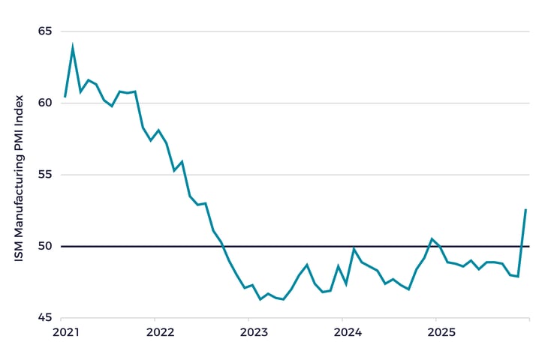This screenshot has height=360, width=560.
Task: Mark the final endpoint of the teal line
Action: tap(525, 209)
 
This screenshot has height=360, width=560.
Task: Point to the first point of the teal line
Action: tap(65, 97)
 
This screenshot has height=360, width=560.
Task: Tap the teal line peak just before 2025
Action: tap(432, 239)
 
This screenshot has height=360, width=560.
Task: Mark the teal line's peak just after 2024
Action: tap(354, 249)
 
